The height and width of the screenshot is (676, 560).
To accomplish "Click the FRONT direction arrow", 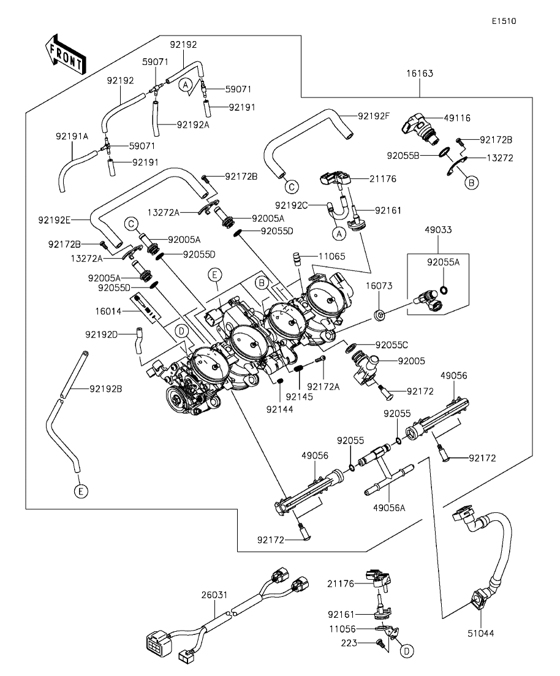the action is (65, 55).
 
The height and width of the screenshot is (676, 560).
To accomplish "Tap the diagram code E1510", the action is (504, 21).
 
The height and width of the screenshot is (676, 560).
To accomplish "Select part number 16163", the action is (420, 74).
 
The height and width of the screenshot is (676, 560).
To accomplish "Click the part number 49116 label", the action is (457, 118).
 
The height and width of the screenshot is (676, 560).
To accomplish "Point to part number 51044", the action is (481, 633).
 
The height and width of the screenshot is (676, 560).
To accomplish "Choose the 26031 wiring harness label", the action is (214, 595).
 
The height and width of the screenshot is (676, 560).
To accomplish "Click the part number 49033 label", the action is (438, 230).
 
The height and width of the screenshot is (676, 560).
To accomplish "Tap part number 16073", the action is (379, 286).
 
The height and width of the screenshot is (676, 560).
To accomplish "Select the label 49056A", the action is (389, 508).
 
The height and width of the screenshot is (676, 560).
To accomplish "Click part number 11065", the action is (332, 257).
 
